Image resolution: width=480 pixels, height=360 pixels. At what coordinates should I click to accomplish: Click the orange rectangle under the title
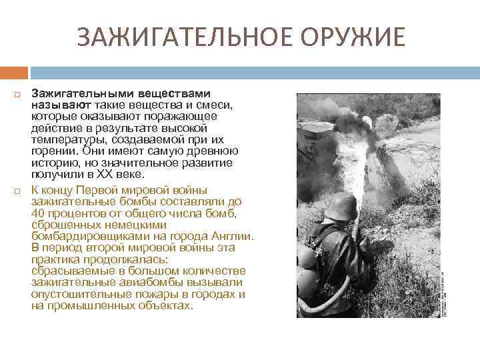click(13, 71)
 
